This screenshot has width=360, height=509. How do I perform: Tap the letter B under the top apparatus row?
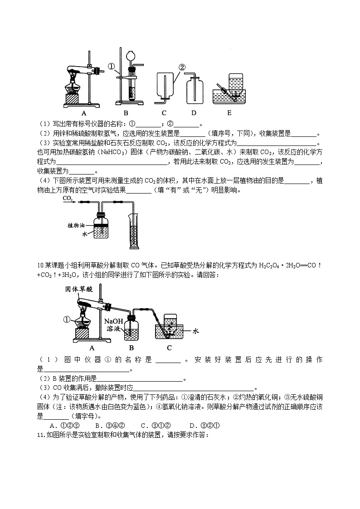[126, 113]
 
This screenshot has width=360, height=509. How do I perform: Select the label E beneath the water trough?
[229, 113]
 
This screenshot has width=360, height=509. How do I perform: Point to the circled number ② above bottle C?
[182, 67]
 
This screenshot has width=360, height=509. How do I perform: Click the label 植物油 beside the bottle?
[76, 225]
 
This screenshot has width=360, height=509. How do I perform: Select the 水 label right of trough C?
[196, 331]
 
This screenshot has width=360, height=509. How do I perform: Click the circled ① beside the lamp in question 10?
[67, 320]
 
